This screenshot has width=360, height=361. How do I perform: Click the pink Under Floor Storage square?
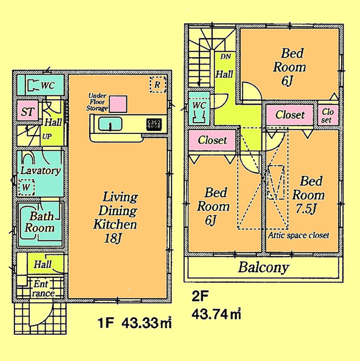point(118,104)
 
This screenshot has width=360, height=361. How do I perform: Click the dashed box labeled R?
point(157,84)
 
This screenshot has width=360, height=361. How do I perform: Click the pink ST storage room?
point(27,112)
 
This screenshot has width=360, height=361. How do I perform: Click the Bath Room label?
point(40,222)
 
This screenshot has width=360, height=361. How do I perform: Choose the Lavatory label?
point(40,171)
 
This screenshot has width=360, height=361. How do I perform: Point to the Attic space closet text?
point(299,235)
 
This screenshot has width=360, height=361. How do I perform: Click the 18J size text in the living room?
point(114,239)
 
